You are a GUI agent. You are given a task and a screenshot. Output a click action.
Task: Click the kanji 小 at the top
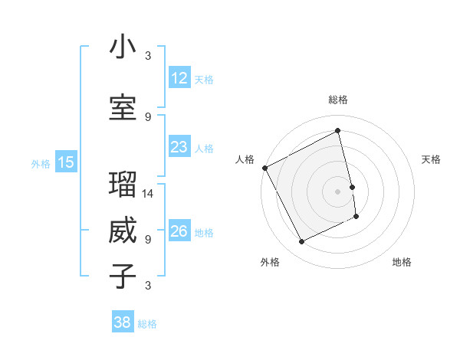coord(123,47)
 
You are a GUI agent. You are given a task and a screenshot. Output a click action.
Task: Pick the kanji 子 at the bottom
coord(123,277)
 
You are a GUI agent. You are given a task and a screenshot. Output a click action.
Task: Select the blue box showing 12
coord(179,78)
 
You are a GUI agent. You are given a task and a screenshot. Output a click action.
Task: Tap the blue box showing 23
coord(179,147)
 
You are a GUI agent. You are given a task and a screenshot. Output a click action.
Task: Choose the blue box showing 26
coord(179,231)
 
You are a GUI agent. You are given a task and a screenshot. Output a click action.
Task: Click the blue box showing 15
coord(66,162)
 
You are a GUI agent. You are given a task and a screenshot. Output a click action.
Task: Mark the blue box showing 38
coord(123,322)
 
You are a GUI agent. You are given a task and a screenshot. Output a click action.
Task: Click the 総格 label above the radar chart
coord(338,100)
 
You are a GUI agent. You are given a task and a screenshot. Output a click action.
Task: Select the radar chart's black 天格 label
coord(431,159)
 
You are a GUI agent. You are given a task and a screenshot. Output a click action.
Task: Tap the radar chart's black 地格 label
coord(402,262)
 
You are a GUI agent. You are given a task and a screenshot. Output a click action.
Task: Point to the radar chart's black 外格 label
coord(270,262)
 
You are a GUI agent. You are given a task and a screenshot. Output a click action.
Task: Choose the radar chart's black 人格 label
coord(245,159)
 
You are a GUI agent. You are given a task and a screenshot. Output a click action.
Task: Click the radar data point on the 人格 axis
coord(265,168)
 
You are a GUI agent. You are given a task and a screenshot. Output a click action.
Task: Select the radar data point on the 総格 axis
coord(338,131)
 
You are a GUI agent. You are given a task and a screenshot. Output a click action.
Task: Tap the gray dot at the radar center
coord(338,191)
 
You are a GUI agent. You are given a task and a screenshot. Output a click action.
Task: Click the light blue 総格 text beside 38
coord(147,324)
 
